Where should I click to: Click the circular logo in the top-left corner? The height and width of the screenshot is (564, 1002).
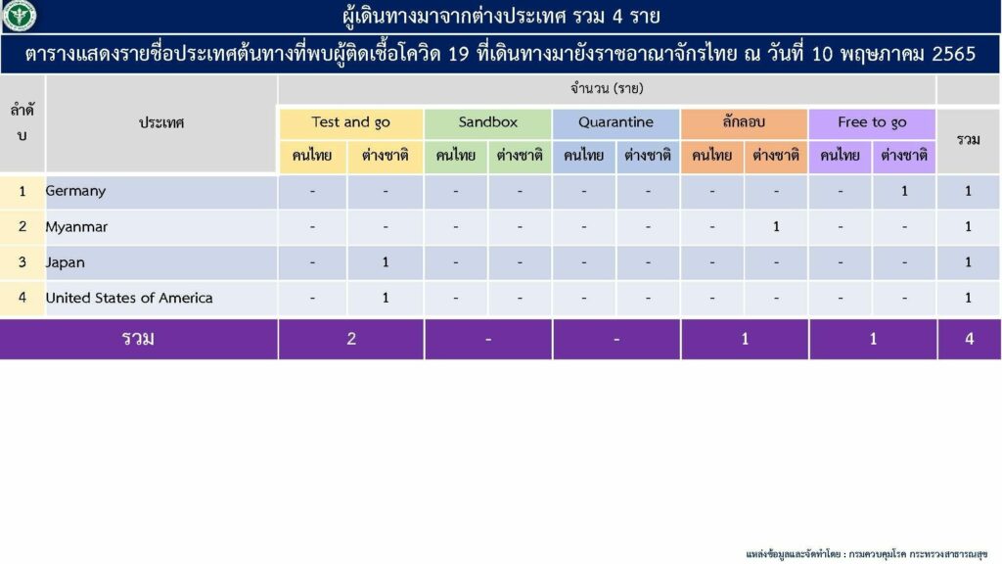pyautogui.click(x=20, y=16)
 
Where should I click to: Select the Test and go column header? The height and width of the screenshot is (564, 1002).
pyautogui.click(x=351, y=122)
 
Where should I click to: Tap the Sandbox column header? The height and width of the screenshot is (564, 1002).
pyautogui.click(x=488, y=122)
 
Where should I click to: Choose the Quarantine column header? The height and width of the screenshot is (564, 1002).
pyautogui.click(x=616, y=122)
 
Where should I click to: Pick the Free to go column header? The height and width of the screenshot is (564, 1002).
pyautogui.click(x=872, y=122)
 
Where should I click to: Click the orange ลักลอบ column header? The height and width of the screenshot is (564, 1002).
pyautogui.click(x=744, y=122)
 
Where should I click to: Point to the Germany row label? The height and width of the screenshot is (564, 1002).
pyautogui.click(x=75, y=191)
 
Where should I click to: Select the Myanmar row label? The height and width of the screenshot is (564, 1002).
pyautogui.click(x=76, y=227)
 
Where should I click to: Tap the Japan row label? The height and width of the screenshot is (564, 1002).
pyautogui.click(x=66, y=262)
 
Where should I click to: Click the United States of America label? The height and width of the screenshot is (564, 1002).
pyautogui.click(x=129, y=298)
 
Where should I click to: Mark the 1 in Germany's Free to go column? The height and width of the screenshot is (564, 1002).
pyautogui.click(x=904, y=191)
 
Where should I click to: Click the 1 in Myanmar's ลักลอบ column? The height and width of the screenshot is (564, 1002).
pyautogui.click(x=776, y=227)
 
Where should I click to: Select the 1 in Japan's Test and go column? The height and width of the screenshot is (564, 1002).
pyautogui.click(x=386, y=262)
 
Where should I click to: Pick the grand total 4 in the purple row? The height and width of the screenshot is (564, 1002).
pyautogui.click(x=970, y=339)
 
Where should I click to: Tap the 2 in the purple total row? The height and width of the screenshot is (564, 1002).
pyautogui.click(x=351, y=339)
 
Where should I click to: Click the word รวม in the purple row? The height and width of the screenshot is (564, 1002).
pyautogui.click(x=138, y=338)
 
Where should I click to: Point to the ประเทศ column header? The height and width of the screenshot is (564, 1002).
pyautogui.click(x=161, y=122)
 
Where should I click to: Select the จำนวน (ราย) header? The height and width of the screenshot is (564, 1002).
pyautogui.click(x=607, y=89)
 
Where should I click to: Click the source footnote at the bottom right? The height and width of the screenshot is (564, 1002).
pyautogui.click(x=867, y=554)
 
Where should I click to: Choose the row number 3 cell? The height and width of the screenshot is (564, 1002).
pyautogui.click(x=23, y=262)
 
